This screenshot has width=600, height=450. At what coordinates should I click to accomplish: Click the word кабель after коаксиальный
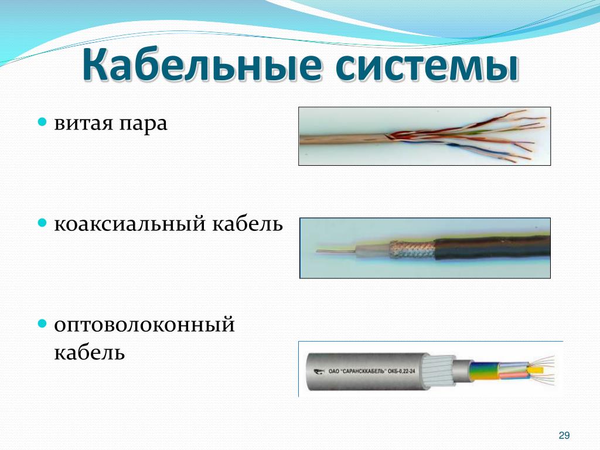pos(248,223)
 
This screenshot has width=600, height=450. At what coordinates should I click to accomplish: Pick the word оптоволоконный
pos(144,325)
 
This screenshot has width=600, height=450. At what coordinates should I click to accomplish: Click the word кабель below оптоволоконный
pos(90,352)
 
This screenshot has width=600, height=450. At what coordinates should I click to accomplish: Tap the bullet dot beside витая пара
pos(42,122)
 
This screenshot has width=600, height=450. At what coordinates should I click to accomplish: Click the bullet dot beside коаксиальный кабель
pos(42,223)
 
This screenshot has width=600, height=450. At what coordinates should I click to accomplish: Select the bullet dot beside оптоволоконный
pos(42,323)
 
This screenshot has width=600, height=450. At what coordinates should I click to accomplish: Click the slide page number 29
pos(564,435)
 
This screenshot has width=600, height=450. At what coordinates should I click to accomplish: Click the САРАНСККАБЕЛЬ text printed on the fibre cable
pos(362,371)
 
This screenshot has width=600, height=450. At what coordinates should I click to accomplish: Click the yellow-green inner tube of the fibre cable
pos(484,371)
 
